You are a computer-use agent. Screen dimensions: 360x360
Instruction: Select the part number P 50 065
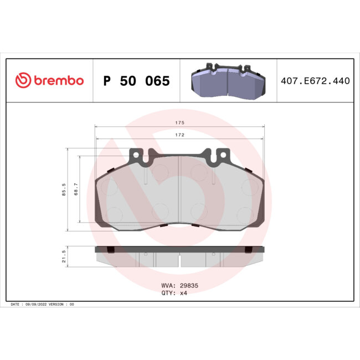point(136,81)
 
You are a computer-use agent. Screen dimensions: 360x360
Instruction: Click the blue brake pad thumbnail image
point(228,81)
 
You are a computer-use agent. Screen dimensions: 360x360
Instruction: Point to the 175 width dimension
point(180,122)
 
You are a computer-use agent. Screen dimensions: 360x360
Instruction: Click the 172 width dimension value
point(180,135)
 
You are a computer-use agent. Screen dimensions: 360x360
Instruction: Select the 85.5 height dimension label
point(65,190)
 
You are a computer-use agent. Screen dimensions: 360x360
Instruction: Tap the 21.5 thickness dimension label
point(65,256)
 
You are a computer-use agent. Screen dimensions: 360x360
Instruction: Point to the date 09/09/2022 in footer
point(39,305)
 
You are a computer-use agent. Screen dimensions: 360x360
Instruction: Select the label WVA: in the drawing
point(168,286)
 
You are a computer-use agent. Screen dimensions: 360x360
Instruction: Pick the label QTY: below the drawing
point(168,293)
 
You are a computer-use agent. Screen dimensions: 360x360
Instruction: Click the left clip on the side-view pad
point(110,249)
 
